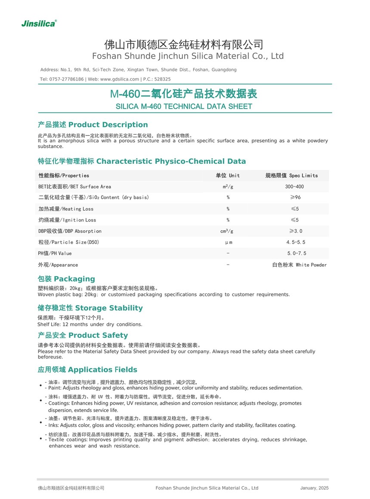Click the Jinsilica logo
coord(39,23)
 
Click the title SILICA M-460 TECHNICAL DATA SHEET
coord(184,106)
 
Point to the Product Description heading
coord(93,125)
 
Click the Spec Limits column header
coord(292,175)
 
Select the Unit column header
coord(228,175)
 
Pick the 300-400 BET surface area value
coord(294,187)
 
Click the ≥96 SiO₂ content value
coord(295,197)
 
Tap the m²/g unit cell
coord(228,187)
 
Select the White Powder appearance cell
coord(299,265)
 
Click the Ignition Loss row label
coord(67,220)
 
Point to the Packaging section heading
coord(66,279)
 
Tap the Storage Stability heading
coord(90,308)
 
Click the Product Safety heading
coord(83,335)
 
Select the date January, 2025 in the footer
coord(314,488)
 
